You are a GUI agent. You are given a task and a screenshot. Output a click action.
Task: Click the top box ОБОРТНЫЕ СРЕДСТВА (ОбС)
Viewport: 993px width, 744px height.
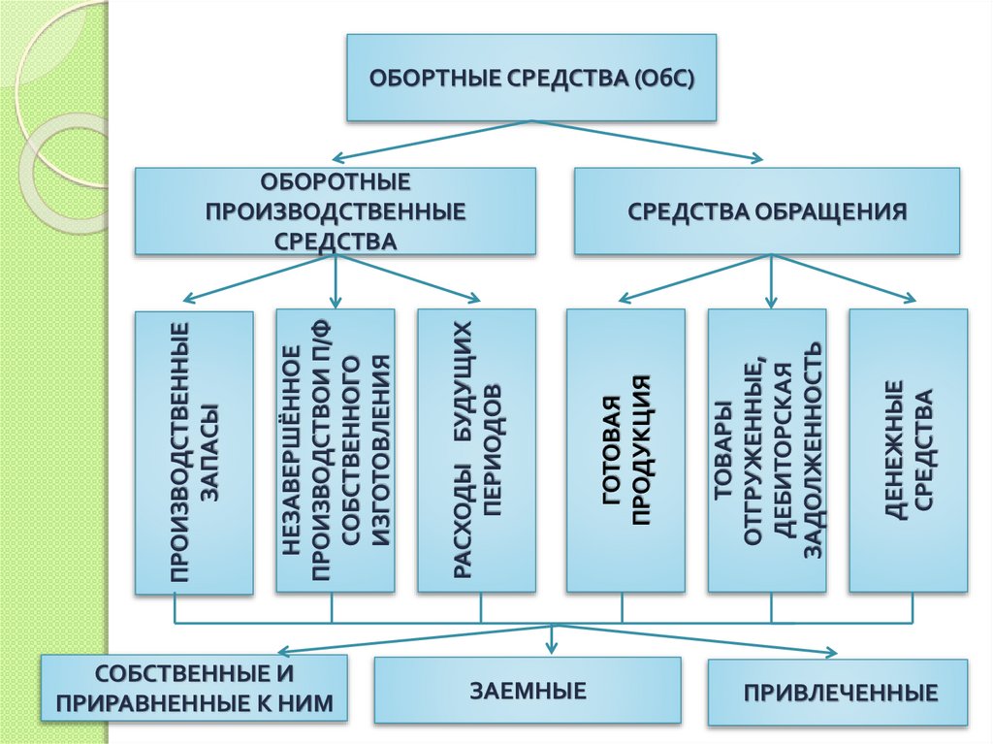coord(531,78)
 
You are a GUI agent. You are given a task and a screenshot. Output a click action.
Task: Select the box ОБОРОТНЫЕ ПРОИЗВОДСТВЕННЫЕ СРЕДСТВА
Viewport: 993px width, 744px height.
coord(335,211)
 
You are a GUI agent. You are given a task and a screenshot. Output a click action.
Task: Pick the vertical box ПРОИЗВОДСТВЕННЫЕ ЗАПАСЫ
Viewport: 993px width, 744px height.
coord(194,452)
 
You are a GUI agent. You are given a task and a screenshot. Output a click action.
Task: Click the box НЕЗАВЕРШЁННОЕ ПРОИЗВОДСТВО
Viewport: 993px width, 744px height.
coord(335,452)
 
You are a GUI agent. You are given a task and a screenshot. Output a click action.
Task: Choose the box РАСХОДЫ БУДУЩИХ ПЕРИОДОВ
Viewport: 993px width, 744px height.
coord(476,452)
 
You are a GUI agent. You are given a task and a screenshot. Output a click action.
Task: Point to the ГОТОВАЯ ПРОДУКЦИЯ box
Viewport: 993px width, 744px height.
coord(625,452)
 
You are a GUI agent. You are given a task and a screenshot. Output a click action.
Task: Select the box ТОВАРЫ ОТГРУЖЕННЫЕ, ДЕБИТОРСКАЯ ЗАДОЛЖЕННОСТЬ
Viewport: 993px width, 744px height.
coord(767,452)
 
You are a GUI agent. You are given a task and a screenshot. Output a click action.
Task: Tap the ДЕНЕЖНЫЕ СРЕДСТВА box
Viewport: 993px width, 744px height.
coord(909,452)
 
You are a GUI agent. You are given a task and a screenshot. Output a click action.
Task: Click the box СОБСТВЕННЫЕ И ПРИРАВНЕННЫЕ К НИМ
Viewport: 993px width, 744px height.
coord(194,688)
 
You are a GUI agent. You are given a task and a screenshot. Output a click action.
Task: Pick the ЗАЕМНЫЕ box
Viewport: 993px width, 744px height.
coord(528,691)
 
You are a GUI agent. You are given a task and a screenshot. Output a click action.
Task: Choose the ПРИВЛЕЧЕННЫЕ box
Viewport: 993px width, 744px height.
coord(838,693)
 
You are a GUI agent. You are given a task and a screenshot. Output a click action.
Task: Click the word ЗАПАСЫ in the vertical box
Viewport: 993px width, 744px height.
coord(208,452)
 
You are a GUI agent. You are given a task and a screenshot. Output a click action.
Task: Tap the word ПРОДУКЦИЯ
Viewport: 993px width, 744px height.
coord(641,452)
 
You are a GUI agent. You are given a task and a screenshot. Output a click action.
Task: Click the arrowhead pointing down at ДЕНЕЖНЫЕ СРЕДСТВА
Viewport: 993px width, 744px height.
coord(909,299)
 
